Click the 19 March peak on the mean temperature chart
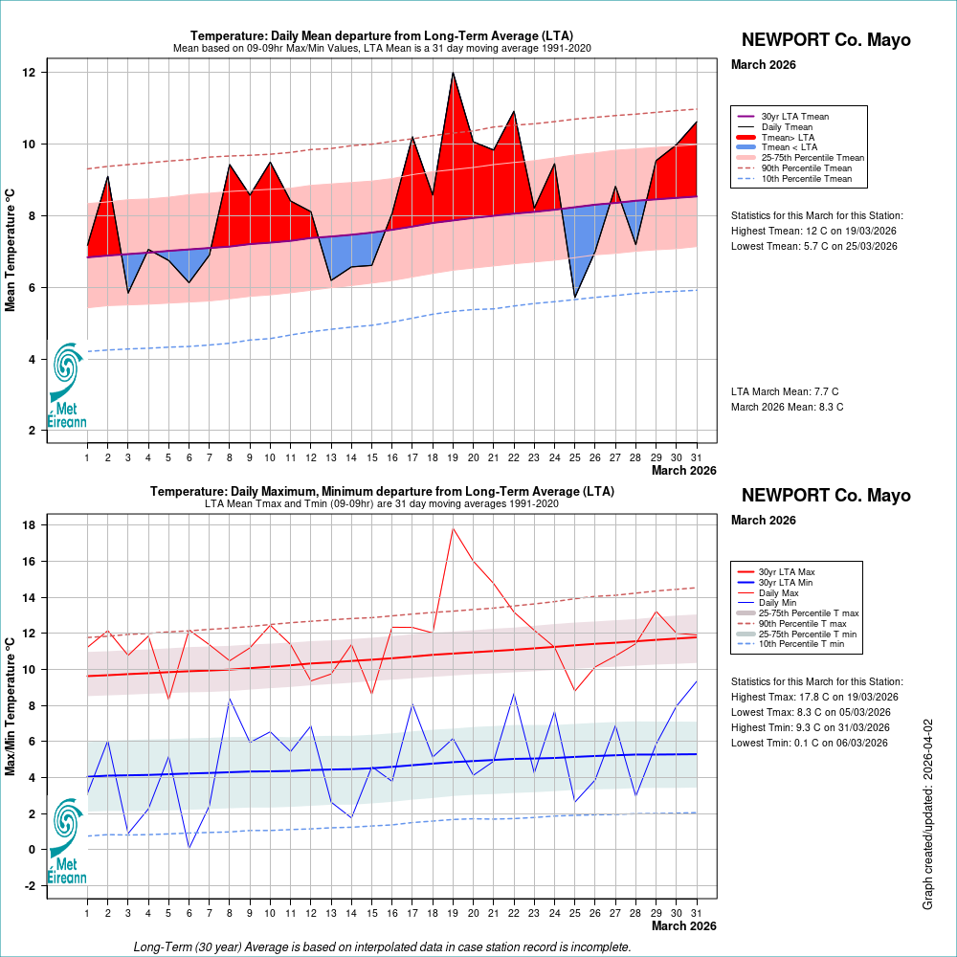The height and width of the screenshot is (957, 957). pyautogui.click(x=453, y=73)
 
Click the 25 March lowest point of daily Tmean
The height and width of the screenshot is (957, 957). pyautogui.click(x=574, y=298)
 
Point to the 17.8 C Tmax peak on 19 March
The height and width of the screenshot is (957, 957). pyautogui.click(x=453, y=528)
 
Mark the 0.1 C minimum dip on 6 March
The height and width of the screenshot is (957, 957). pyautogui.click(x=189, y=848)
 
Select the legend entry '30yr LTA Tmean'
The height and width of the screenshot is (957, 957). pyautogui.click(x=794, y=117)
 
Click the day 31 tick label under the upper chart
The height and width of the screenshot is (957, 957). pyautogui.click(x=696, y=457)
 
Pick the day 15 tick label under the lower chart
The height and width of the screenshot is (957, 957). pyautogui.click(x=371, y=914)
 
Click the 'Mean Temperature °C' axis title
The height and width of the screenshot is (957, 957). pyautogui.click(x=11, y=250)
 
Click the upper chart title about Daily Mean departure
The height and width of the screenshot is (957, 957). pyautogui.click(x=382, y=36)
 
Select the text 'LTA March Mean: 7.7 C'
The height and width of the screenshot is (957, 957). pyautogui.click(x=785, y=391)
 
